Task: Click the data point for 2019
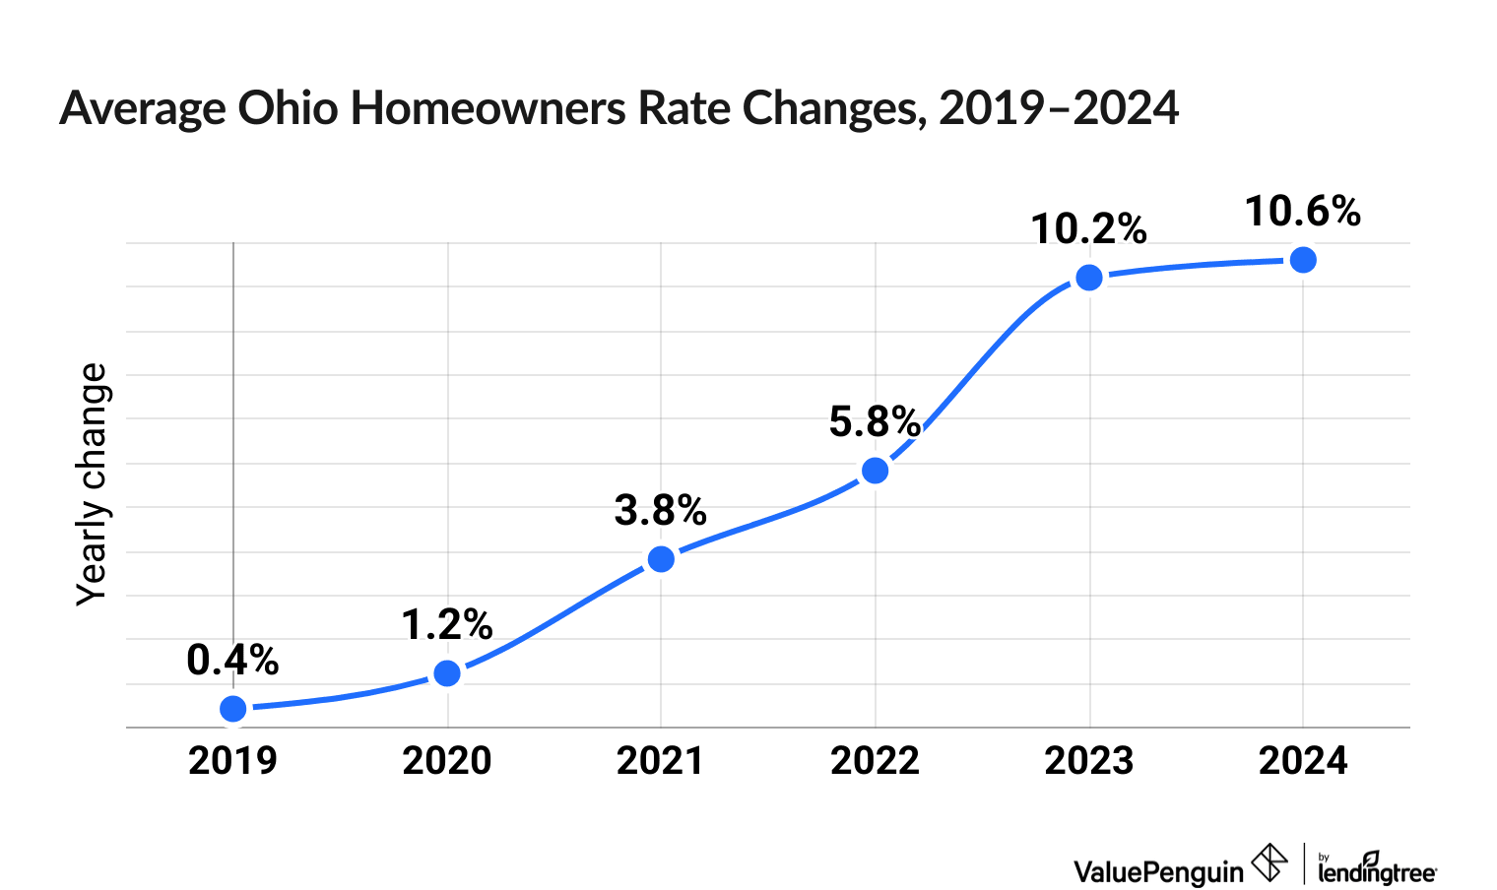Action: [233, 709]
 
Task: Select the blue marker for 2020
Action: [447, 673]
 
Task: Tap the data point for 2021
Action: [661, 559]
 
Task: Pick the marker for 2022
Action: [875, 471]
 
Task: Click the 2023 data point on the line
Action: [1088, 278]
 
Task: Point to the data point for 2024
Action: [1303, 260]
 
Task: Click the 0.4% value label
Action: [232, 661]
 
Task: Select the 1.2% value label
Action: [447, 625]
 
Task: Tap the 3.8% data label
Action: [661, 511]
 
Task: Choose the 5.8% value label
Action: [875, 422]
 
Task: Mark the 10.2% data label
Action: [1088, 229]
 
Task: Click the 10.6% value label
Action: [1303, 212]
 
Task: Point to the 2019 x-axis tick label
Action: [233, 761]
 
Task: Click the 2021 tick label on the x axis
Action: [661, 761]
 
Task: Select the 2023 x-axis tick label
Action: [1088, 761]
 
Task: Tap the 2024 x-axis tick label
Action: [1303, 761]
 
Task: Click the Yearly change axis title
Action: [93, 483]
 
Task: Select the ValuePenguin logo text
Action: [1158, 871]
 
